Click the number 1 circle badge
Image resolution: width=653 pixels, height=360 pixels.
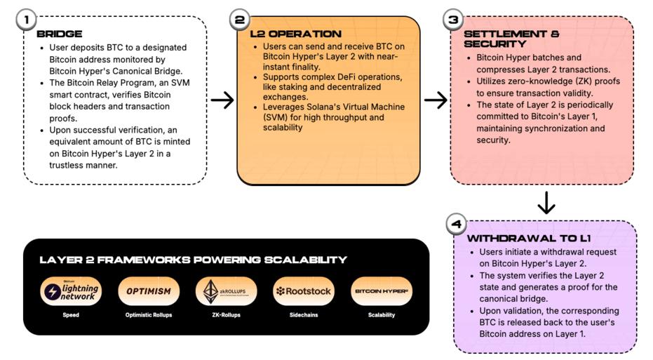(26, 20)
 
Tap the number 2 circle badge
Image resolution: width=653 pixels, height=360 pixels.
(240, 20)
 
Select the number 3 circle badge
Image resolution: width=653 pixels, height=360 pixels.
(454, 20)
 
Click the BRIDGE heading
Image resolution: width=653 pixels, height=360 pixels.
(59, 34)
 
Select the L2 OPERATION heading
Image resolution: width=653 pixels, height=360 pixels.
(295, 34)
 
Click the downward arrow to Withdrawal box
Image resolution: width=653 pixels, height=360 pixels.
(546, 203)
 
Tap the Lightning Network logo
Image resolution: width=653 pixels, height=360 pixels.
(70, 291)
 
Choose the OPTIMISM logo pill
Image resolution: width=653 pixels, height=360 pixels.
(148, 291)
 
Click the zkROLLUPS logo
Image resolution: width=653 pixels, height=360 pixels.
(225, 291)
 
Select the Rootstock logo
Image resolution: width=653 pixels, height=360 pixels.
(303, 291)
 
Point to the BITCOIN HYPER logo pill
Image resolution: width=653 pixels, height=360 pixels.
(382, 291)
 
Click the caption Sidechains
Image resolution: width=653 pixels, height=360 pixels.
(303, 315)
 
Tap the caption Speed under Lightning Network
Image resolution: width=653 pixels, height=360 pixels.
(70, 315)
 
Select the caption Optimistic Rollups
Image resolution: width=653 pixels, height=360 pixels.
(148, 315)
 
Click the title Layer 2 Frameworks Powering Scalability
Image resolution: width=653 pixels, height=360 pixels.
(193, 260)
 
